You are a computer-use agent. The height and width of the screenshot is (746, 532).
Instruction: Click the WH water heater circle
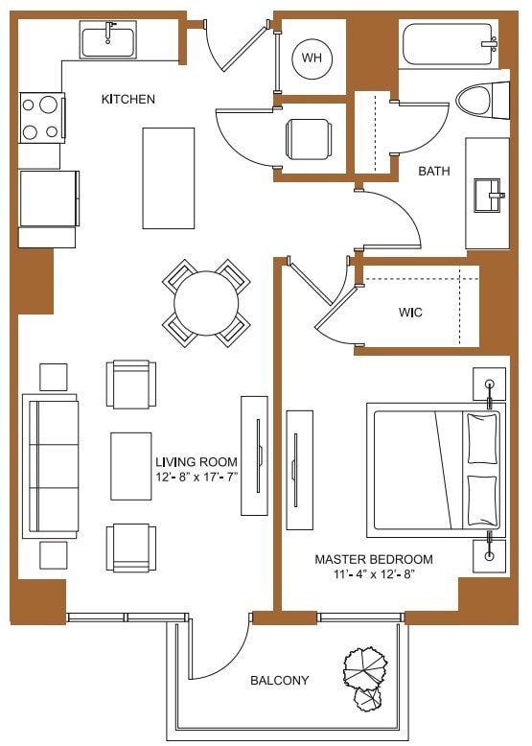point(312,58)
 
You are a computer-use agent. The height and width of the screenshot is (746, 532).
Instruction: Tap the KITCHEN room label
point(128,99)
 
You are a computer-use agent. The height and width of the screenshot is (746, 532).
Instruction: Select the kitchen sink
point(108,41)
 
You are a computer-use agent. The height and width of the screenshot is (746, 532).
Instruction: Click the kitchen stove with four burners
point(41,117)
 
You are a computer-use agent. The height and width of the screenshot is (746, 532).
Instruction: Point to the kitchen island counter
point(169,177)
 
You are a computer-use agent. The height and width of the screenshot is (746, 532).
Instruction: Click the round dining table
point(206,302)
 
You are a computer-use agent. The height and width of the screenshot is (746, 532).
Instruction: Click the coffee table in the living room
point(130,465)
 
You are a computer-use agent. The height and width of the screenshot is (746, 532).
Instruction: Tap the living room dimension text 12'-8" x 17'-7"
point(196,478)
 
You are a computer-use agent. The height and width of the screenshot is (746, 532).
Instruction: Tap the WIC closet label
point(410,313)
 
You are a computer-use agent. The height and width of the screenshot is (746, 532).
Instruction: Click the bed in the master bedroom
point(435,470)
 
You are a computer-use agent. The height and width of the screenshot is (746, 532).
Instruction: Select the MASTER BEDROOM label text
point(374,559)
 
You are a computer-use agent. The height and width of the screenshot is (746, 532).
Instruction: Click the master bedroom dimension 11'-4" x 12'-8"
point(374,574)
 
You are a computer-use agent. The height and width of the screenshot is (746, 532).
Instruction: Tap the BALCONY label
point(279,681)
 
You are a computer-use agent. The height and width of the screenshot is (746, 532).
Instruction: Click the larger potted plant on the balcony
point(365,664)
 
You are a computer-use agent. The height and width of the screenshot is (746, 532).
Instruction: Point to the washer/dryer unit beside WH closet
point(311,139)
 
